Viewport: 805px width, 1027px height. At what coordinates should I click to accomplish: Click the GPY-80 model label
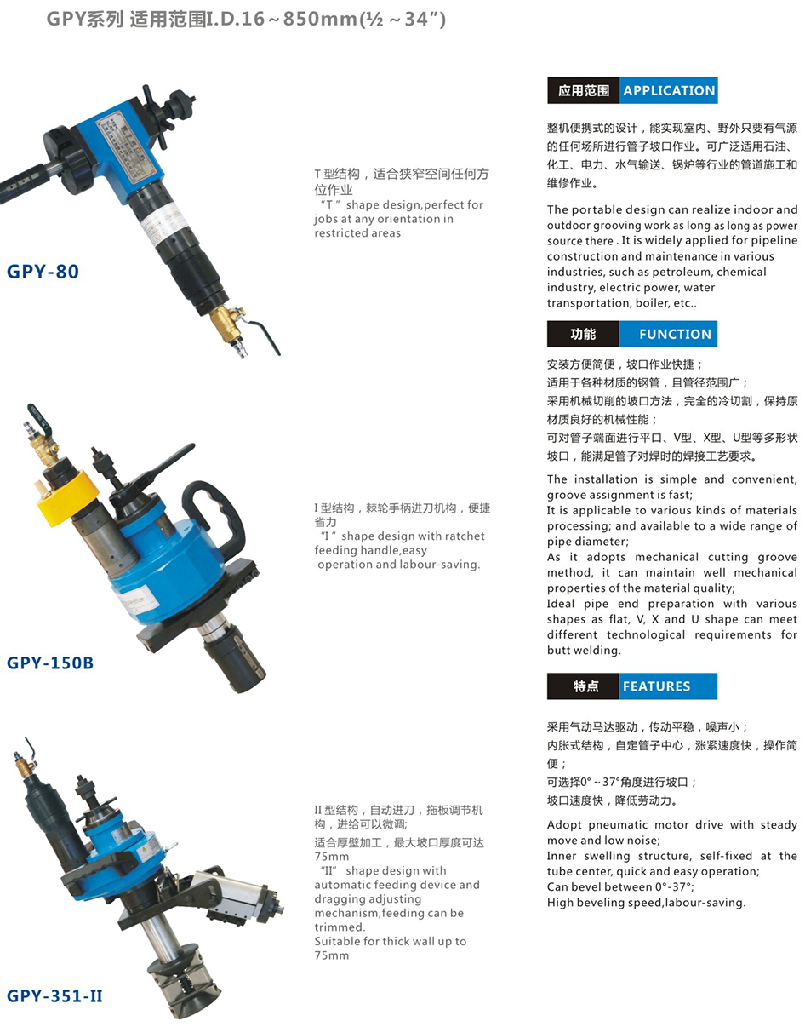click(x=43, y=272)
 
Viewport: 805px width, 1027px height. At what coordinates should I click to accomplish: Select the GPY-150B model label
click(x=50, y=663)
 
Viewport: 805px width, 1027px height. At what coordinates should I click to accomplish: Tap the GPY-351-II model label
click(x=54, y=995)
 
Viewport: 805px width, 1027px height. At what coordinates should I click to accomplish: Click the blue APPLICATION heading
click(x=668, y=90)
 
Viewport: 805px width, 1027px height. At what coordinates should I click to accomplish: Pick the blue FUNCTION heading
click(x=668, y=334)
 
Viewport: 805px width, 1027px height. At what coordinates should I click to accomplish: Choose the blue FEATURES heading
click(x=668, y=686)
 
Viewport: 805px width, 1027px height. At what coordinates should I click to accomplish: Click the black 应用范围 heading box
click(x=583, y=90)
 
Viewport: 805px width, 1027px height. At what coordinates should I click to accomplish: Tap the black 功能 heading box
click(x=583, y=334)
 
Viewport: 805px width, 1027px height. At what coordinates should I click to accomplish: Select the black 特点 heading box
click(x=583, y=686)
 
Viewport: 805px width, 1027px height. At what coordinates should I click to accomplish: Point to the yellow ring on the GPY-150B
click(x=66, y=496)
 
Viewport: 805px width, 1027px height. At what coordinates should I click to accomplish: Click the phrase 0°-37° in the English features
click(x=672, y=886)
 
